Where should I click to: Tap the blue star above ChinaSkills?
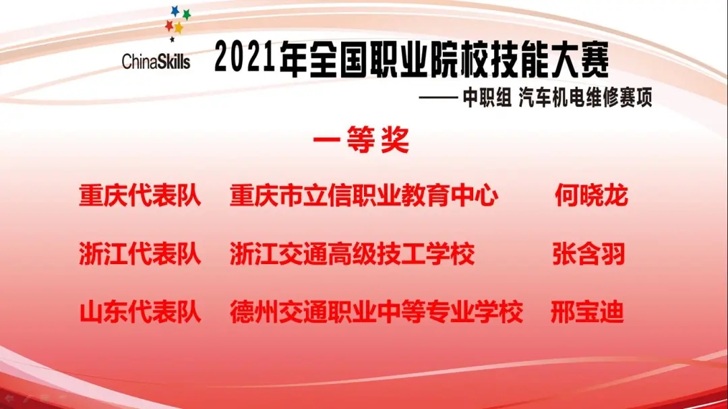coord(175,11)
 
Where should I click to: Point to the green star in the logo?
coord(186,15)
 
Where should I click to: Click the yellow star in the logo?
coord(178,28)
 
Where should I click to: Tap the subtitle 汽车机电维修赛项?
coord(585,98)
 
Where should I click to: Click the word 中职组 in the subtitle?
coord(487,98)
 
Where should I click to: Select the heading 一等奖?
coord(361,139)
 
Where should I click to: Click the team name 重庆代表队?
coord(140,195)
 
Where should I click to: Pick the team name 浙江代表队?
coord(140,254)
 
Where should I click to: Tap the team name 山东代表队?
coord(140,312)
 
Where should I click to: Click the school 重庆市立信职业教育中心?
coord(364,195)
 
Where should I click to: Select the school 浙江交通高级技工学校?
coord(352,254)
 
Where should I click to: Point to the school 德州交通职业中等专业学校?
coord(377,312)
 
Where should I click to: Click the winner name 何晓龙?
coord(591,195)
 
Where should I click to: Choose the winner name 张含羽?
coord(588,254)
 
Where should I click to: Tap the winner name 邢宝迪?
coord(587,312)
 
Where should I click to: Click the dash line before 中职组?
coord(438,98)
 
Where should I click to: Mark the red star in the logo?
coord(169,26)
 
